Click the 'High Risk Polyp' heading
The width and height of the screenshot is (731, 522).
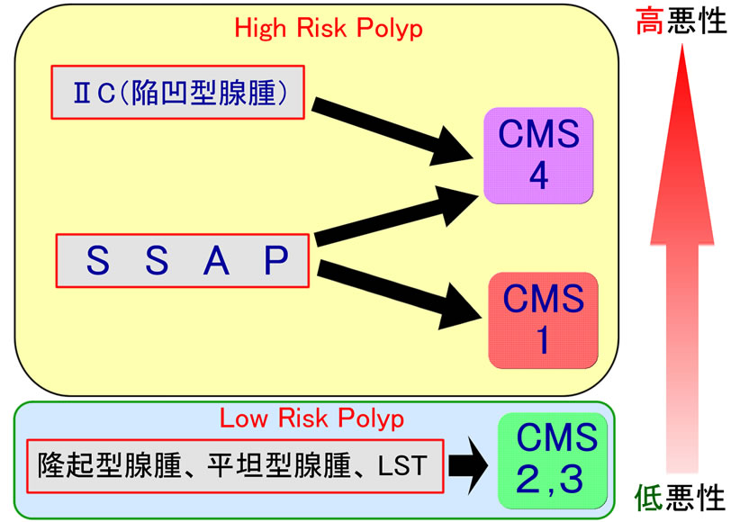click(x=329, y=27)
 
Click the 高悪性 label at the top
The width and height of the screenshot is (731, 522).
click(x=680, y=20)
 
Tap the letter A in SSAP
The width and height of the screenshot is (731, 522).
click(x=215, y=260)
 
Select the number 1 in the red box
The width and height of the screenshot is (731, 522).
click(x=542, y=339)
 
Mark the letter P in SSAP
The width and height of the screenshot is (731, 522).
click(x=275, y=260)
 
